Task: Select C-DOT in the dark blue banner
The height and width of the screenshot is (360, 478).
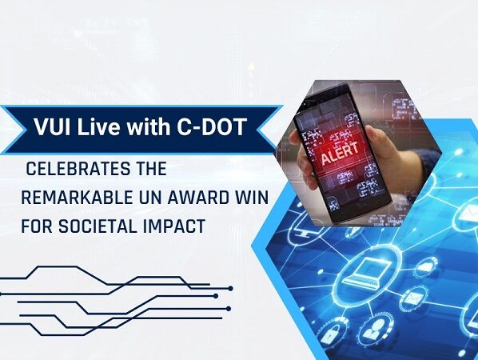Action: click(212, 126)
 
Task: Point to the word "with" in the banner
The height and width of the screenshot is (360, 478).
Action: click(148, 126)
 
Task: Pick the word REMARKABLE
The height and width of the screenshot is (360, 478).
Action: click(77, 198)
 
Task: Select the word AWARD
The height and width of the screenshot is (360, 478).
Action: click(197, 198)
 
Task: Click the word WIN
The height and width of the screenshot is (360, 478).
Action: click(251, 198)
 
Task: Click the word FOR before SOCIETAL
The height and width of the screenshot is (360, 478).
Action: click(37, 226)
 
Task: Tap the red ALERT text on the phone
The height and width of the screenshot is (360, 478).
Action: click(340, 154)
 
